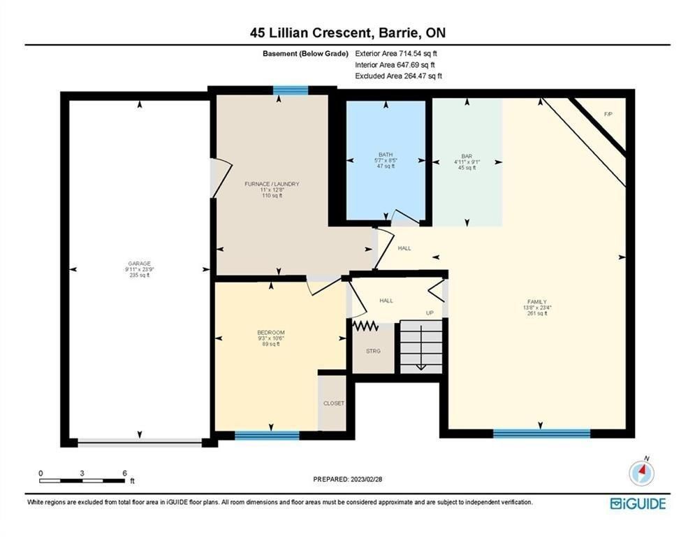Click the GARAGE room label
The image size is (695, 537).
click(139, 263)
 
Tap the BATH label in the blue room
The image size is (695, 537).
click(386, 155)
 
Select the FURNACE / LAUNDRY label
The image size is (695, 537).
click(272, 184)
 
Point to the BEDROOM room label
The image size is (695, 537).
click(271, 332)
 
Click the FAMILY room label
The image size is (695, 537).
click(536, 302)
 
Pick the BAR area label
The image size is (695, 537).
click(467, 156)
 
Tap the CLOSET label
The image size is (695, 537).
click(334, 403)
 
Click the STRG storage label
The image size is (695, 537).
click(373, 351)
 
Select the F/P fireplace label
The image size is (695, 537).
click(608, 114)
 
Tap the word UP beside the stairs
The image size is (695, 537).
click(430, 313)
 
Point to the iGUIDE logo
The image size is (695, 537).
click(638, 503)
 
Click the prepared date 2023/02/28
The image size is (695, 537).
click(366, 479)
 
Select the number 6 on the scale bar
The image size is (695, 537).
click(124, 473)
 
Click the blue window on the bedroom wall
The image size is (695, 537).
click(267, 436)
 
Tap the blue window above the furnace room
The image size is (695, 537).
click(291, 90)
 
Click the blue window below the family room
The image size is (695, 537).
click(541, 433)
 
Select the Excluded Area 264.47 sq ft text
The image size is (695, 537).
click(398, 76)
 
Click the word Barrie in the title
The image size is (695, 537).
click(395, 32)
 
